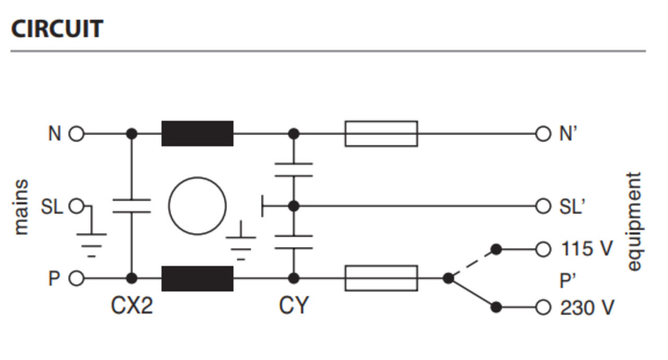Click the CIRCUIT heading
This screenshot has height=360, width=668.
click(57, 29)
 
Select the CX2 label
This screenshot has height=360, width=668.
click(132, 305)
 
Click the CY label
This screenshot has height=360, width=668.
click(294, 305)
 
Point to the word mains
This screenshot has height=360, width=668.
click(21, 207)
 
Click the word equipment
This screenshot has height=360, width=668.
click(635, 221)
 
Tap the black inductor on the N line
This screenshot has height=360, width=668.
click(197, 134)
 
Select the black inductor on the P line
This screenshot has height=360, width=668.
click(197, 278)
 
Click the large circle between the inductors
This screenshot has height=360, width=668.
click(197, 177)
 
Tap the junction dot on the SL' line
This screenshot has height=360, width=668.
click(294, 206)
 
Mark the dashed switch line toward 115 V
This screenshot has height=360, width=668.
click(472, 264)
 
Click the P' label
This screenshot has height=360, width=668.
click(568, 281)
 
